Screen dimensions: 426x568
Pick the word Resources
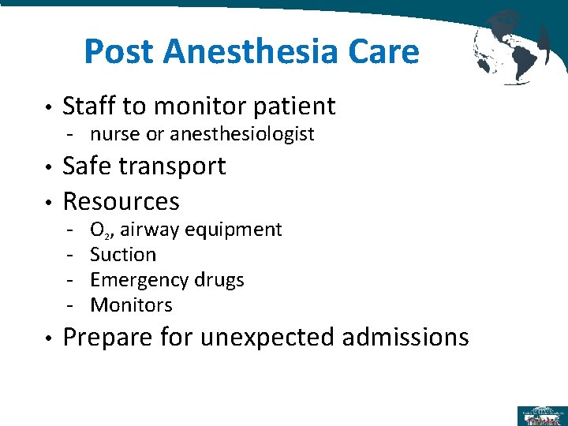point(121,201)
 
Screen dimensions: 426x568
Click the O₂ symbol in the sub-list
point(99,230)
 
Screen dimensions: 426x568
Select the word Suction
point(123,254)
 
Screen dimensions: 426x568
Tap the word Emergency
point(138,280)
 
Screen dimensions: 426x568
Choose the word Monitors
point(131,305)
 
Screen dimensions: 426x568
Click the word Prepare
point(106,338)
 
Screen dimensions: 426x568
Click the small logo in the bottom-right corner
point(540,415)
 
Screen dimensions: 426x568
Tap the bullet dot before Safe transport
point(49,167)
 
